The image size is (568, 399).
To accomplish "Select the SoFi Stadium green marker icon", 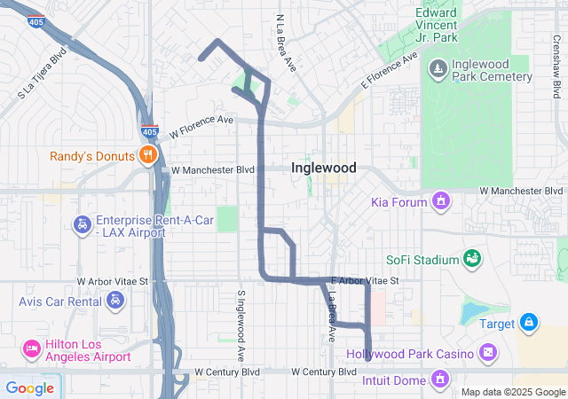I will [x=473, y=259].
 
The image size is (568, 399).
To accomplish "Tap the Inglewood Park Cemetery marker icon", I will [x=438, y=68].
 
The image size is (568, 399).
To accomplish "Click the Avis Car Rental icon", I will [x=114, y=301].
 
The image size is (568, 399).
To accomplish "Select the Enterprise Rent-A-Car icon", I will [x=82, y=223].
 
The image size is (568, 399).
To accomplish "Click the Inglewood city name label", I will [x=324, y=168].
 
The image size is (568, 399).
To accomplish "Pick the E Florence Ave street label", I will [x=388, y=72].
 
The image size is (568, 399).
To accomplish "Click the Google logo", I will [x=29, y=387].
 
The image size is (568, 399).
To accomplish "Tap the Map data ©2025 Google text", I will [x=511, y=392].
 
